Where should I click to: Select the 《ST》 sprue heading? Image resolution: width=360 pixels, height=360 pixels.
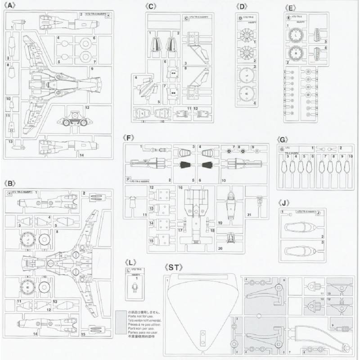pos(175,267)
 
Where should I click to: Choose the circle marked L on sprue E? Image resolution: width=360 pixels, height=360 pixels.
pos(297,34)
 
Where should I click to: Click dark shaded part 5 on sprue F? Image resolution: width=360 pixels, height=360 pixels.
pos(184,165)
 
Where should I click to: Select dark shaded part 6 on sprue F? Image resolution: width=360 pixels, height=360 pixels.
pos(207,165)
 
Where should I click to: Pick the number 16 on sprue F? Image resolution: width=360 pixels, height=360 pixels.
pos(180,186)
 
